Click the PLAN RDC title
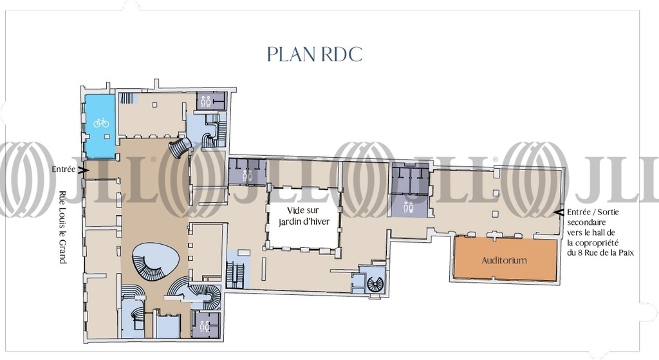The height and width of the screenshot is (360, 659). point(314,54)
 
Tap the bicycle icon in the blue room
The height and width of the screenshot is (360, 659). point(101,122)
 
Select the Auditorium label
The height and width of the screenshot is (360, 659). point(504,260)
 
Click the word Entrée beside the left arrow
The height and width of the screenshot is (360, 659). point(64,169)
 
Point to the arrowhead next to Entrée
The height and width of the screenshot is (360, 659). point(83,170)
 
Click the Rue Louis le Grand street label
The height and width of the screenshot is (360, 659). point(62,227)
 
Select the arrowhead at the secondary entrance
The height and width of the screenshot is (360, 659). point(559,213)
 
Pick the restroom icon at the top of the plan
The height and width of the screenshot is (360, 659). point(205,101)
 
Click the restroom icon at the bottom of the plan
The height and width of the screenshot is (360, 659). point(205,325)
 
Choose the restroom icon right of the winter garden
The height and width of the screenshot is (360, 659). point(408,207)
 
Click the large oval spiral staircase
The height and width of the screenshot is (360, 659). point(156,261)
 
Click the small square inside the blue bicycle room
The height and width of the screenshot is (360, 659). point(107,137)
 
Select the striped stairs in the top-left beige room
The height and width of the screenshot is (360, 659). point(127,98)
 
